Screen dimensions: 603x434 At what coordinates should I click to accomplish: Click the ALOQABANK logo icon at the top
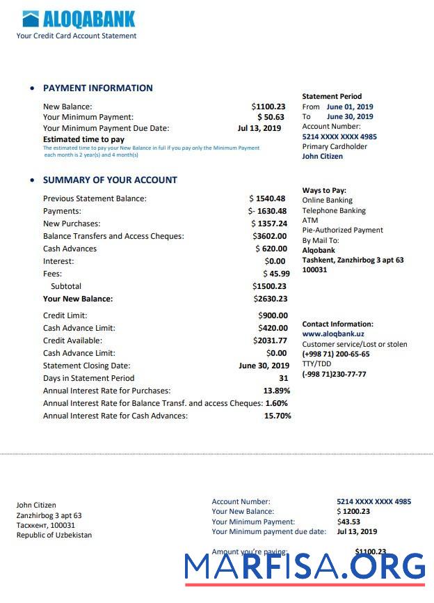click(30, 19)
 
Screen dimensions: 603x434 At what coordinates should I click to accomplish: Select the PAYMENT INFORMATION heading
click(97, 88)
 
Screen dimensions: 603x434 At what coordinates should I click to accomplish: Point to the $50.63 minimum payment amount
click(271, 118)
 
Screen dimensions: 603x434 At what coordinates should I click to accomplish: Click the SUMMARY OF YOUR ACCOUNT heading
click(110, 180)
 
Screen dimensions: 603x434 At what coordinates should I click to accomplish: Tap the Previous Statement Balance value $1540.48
click(268, 198)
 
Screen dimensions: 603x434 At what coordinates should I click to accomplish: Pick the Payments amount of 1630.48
click(268, 211)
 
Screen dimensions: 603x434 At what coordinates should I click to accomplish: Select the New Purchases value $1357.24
click(269, 224)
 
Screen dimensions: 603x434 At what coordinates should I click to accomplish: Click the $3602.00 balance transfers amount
click(270, 236)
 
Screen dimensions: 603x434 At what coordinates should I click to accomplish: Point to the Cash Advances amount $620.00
click(271, 249)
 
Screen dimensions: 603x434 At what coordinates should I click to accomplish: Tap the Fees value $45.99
click(276, 274)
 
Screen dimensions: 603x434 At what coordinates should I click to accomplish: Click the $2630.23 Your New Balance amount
click(270, 299)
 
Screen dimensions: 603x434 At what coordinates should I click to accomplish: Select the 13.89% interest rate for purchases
click(277, 391)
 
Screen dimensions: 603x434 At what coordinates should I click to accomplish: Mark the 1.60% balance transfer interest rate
click(276, 403)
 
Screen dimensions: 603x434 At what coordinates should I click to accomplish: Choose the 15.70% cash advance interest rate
click(278, 416)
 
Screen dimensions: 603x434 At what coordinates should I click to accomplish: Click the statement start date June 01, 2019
click(350, 107)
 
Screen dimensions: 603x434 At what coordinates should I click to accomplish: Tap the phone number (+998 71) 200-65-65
click(336, 354)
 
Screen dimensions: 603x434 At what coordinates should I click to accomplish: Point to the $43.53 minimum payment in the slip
click(348, 522)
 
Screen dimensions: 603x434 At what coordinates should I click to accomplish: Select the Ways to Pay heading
click(324, 191)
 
